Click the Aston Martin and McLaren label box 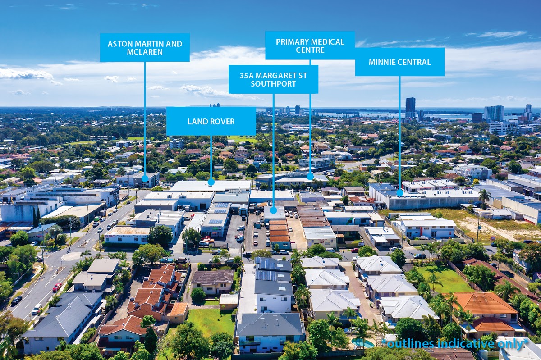(145, 47)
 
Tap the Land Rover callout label (211, 121)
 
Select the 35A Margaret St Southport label (273, 79)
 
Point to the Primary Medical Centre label (310, 46)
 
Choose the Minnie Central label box (399, 62)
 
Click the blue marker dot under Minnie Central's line (399, 193)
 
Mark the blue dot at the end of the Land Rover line (211, 182)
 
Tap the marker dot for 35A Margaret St (273, 210)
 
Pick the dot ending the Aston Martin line (145, 178)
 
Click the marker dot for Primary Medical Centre (310, 176)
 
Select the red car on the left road (57, 287)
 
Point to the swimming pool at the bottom (363, 343)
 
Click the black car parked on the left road (16, 300)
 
